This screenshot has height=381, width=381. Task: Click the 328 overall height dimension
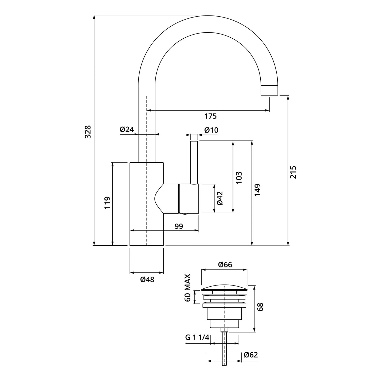[x=88, y=132]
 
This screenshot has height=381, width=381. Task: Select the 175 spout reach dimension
[x=211, y=116]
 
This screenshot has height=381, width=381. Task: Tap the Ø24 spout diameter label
[x=127, y=130]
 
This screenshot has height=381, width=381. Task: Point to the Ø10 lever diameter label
[x=211, y=130]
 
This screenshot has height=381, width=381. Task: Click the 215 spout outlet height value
[x=293, y=172]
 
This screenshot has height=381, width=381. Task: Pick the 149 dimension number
[x=258, y=190]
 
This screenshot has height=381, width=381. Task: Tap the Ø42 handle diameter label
[x=220, y=198]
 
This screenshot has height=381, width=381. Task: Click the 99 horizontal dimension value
[x=179, y=226]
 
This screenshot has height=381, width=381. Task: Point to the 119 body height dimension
[x=107, y=202]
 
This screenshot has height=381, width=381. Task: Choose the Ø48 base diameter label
[x=147, y=280]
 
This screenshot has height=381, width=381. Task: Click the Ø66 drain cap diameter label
[x=225, y=265]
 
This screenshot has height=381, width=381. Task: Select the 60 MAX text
[x=188, y=288]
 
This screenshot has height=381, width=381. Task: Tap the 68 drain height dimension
[x=260, y=307]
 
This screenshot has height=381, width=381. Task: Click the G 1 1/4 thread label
[x=197, y=338]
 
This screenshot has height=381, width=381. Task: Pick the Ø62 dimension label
[x=251, y=355]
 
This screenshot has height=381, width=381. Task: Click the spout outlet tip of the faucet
[x=269, y=90]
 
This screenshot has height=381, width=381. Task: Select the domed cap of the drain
[x=224, y=288]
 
